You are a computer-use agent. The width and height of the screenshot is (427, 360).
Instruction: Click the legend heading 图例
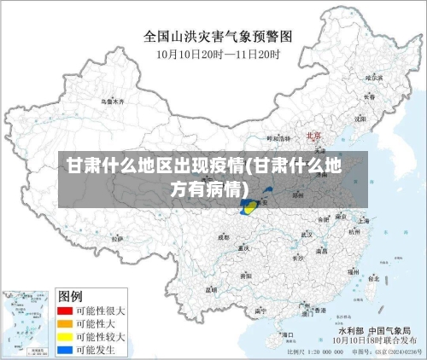70,297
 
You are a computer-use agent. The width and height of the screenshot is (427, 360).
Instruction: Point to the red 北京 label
313,135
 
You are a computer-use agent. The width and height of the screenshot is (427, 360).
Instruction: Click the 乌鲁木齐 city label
112,101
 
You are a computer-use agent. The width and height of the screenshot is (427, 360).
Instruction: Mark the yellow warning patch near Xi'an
249,207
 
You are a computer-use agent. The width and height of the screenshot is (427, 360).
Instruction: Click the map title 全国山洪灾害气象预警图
218,38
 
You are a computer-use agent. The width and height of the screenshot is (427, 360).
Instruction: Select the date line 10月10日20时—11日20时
218,53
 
